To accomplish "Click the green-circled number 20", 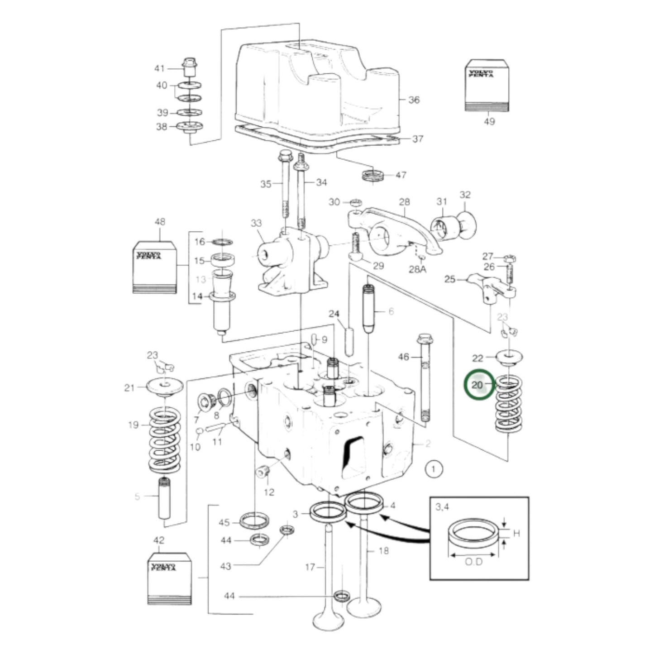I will (x=479, y=385).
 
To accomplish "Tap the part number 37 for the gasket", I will (x=417, y=138).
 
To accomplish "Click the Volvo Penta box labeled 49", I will (x=487, y=86).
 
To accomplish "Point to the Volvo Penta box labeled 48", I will (x=154, y=267).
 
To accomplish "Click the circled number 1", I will (x=434, y=469).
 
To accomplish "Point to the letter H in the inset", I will (x=516, y=533).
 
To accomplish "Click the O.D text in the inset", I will (x=473, y=562).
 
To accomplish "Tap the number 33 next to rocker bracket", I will (x=256, y=223).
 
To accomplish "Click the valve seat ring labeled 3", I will (x=327, y=512).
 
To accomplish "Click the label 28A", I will (x=417, y=269).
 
